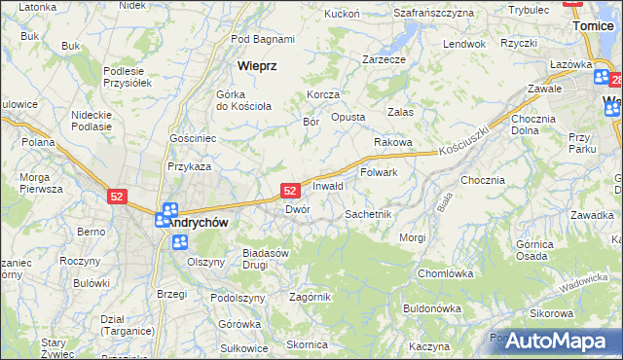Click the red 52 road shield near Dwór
[x=289, y=192]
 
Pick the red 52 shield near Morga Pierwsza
[x=117, y=197]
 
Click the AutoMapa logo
[x=556, y=341]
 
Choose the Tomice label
[x=596, y=26]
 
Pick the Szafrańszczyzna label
[x=433, y=13]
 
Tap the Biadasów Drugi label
[x=267, y=258]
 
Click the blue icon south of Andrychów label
[x=179, y=241]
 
